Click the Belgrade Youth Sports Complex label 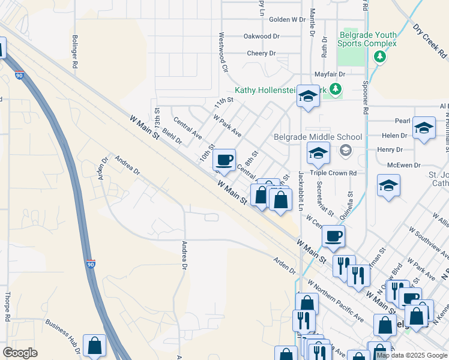click(367, 39)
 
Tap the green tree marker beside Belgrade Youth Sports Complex click(379, 56)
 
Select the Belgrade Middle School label click(327, 137)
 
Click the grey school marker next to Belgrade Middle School click(345, 150)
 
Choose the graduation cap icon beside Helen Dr click(424, 128)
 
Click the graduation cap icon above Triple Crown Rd click(318, 153)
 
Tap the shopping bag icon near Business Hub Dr click(94, 345)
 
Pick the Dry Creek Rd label click(430, 40)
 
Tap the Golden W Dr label click(288, 19)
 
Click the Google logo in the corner click(20, 352)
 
